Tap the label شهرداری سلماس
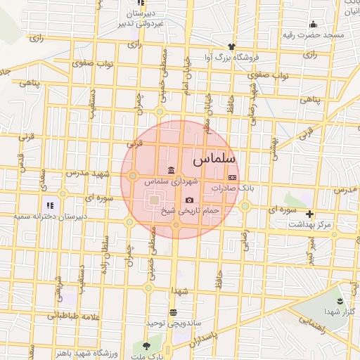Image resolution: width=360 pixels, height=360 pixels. pyautogui.click(x=170, y=181)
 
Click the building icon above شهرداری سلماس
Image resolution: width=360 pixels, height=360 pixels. pyautogui.click(x=171, y=170)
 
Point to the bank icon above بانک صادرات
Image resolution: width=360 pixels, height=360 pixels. pyautogui.click(x=232, y=178)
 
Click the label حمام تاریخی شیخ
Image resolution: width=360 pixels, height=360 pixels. pyautogui.click(x=191, y=210)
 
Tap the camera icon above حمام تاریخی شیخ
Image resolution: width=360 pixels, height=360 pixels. pyautogui.click(x=189, y=200)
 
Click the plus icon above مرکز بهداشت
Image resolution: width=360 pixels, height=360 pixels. pyautogui.click(x=309, y=213)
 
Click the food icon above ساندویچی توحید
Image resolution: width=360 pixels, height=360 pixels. pyautogui.click(x=173, y=312)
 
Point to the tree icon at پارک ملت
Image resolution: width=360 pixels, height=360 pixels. pyautogui.click(x=146, y=346)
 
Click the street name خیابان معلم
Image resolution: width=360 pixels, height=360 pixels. pyautogui.click(x=207, y=112)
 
